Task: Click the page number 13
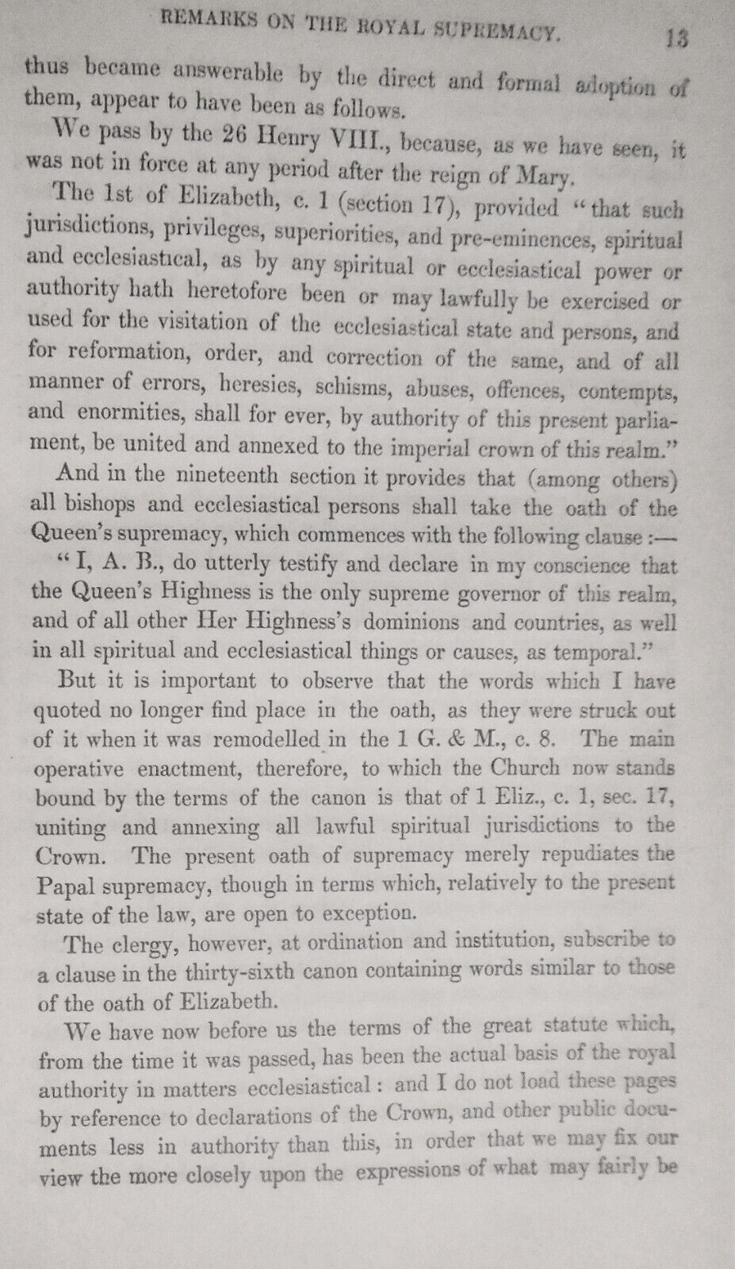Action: tap(676, 40)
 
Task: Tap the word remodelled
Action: tap(258, 739)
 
